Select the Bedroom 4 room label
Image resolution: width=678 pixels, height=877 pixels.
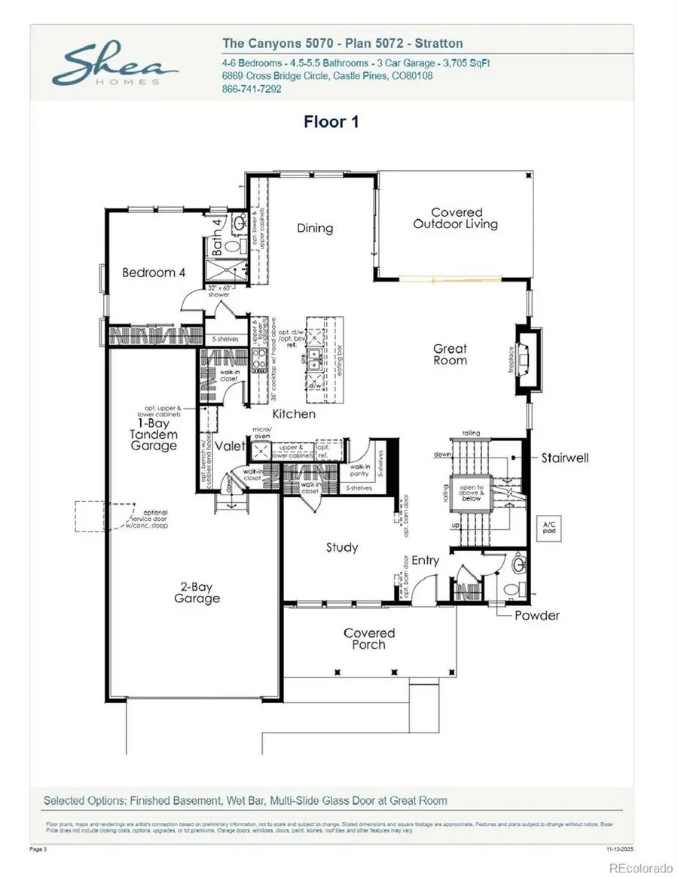(x=154, y=273)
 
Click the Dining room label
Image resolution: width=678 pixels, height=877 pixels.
(x=314, y=228)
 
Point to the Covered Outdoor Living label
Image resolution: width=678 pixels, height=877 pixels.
(x=455, y=218)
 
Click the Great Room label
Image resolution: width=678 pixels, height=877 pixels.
(x=450, y=355)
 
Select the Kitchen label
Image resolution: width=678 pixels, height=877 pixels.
(x=294, y=414)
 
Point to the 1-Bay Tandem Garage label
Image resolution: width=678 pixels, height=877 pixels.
(x=153, y=434)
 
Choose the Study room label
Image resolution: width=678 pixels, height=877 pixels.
(x=341, y=547)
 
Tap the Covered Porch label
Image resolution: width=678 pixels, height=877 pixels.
(x=369, y=639)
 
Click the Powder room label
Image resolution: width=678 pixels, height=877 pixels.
(x=536, y=616)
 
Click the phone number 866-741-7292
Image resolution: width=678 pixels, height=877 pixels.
(x=252, y=89)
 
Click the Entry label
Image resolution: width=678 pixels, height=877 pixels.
(x=425, y=560)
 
